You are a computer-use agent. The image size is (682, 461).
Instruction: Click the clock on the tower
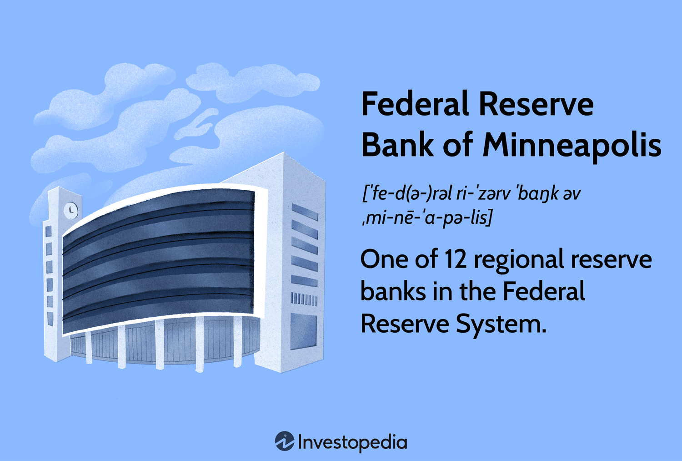pyautogui.click(x=70, y=210)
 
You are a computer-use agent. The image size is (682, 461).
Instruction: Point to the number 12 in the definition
pyautogui.click(x=455, y=259)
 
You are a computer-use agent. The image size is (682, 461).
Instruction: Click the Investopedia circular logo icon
pyautogui.click(x=285, y=441)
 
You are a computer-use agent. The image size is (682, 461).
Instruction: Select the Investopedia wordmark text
pyautogui.click(x=352, y=442)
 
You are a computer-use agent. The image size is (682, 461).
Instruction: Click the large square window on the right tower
pyautogui.click(x=304, y=331)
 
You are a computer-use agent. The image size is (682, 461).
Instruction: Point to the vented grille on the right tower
pyautogui.click(x=304, y=299)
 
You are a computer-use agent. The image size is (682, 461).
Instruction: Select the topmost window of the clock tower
pyautogui.click(x=48, y=232)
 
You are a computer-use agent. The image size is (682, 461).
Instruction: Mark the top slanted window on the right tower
pyautogui.click(x=305, y=212)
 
